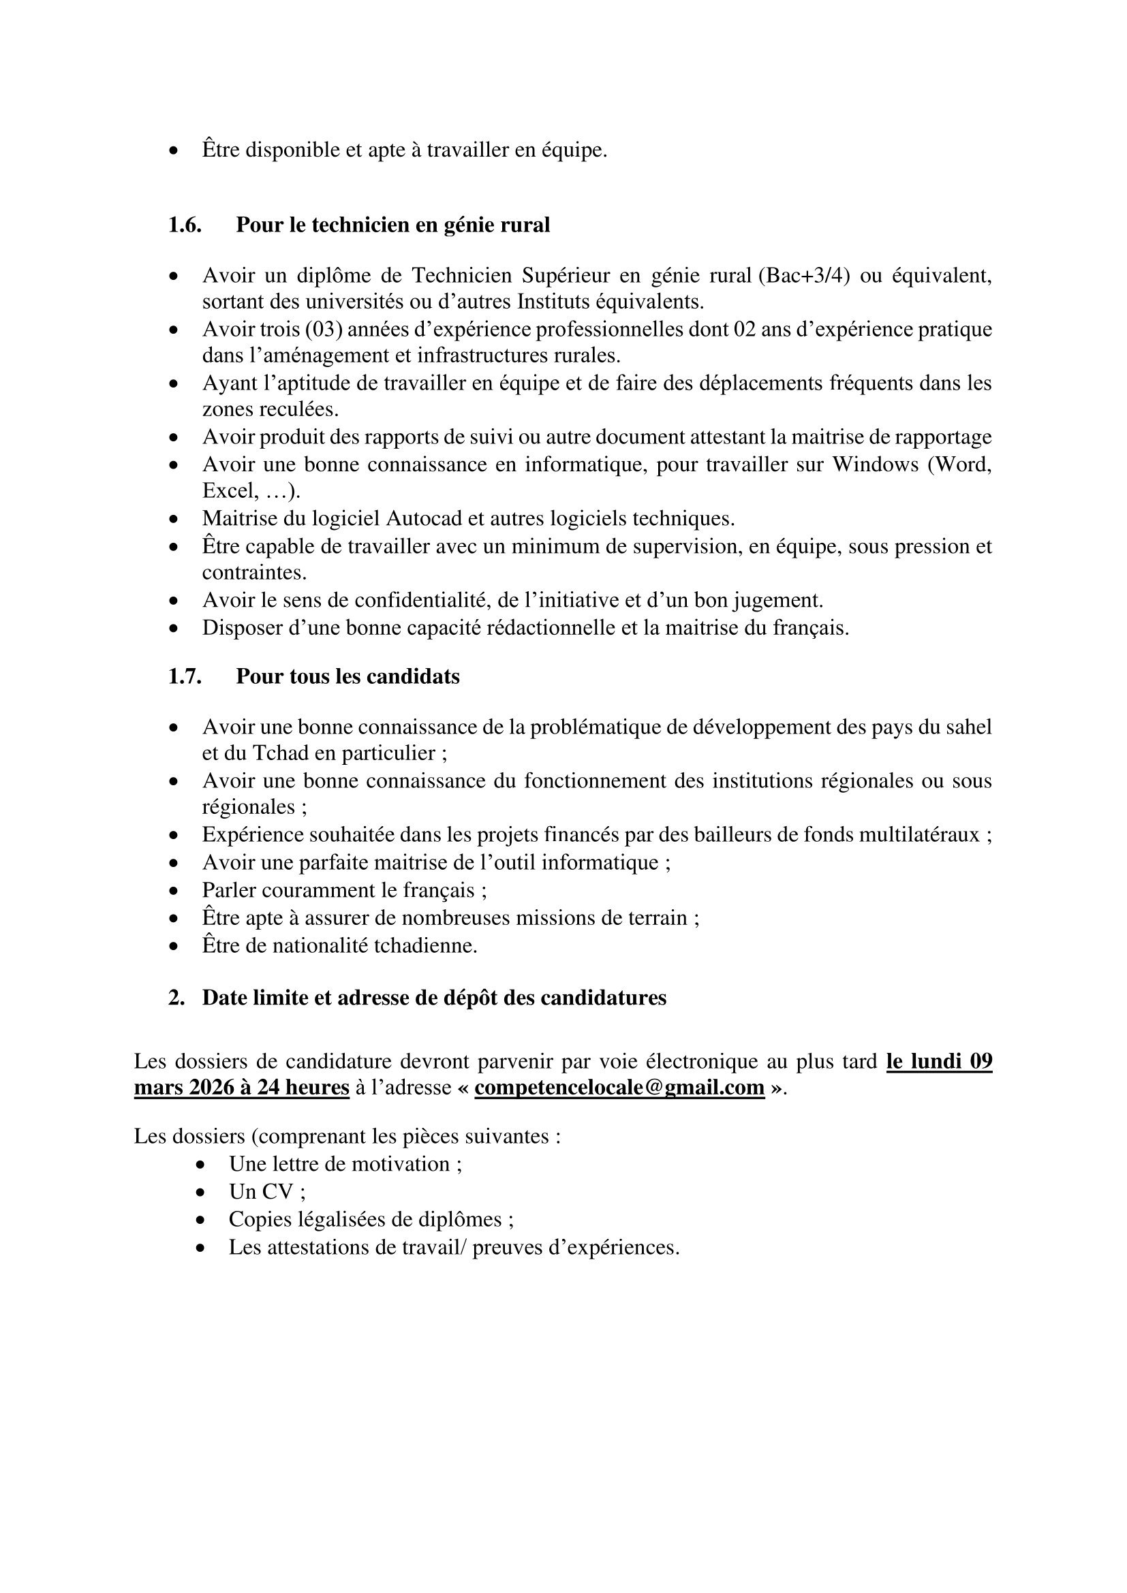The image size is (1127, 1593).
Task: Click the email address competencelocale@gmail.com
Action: (619, 1087)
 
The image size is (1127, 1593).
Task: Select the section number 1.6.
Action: (185, 225)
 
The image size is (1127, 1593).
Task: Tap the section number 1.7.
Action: (185, 676)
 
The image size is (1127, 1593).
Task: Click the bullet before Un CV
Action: (200, 1192)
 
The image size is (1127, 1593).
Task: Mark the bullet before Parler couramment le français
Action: (174, 890)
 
